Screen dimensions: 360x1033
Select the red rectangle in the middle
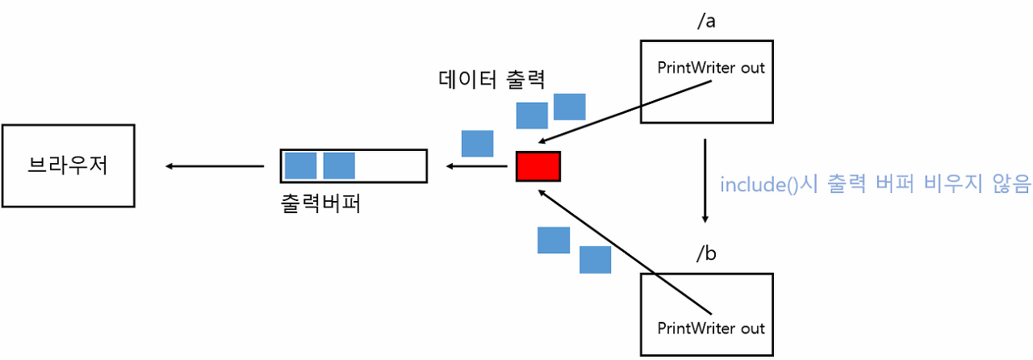(x=537, y=166)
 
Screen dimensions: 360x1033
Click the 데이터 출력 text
(x=492, y=79)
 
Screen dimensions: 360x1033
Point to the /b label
(x=706, y=253)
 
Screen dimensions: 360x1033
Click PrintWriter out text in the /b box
(x=710, y=329)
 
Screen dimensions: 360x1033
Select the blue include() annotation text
(x=876, y=185)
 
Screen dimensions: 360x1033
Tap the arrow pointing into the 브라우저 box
(x=215, y=166)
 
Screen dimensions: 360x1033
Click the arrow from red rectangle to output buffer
(x=476, y=166)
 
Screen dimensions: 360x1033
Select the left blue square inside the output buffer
(x=300, y=165)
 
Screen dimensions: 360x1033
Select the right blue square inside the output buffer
(x=339, y=165)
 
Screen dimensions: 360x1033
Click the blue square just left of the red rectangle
(x=477, y=144)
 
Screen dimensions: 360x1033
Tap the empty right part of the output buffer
(x=391, y=165)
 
